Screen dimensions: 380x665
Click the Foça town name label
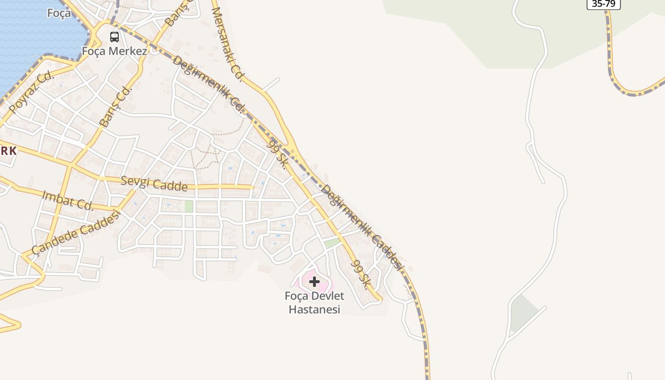(59, 13)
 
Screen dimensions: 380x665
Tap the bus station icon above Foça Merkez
(114, 37)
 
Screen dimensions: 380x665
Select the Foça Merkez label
(114, 51)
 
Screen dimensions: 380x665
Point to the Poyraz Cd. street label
(32, 93)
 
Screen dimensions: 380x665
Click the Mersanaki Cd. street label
(227, 44)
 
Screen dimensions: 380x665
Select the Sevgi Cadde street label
(154, 183)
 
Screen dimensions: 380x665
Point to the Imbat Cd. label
(68, 200)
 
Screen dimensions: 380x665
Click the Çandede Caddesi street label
(76, 232)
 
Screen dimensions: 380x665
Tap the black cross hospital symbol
(314, 282)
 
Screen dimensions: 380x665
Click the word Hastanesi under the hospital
(314, 310)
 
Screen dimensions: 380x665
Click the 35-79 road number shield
(603, 4)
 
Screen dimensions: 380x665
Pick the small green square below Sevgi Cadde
(189, 206)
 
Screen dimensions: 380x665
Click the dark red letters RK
(9, 151)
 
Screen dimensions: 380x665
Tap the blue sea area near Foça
(28, 38)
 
